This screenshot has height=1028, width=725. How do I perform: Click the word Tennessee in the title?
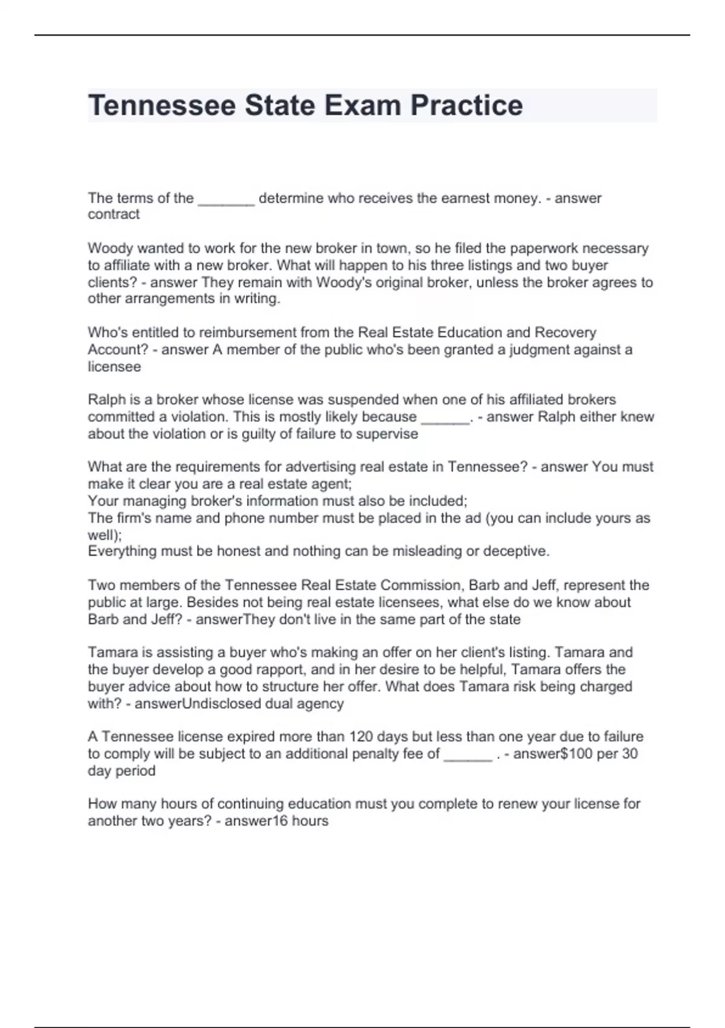pos(161,105)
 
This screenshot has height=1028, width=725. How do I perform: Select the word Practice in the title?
pos(466,105)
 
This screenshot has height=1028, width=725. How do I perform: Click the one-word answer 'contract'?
pos(114,215)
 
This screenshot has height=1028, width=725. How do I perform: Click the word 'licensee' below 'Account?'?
pos(114,366)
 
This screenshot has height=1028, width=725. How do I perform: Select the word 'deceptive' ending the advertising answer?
pos(518,551)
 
